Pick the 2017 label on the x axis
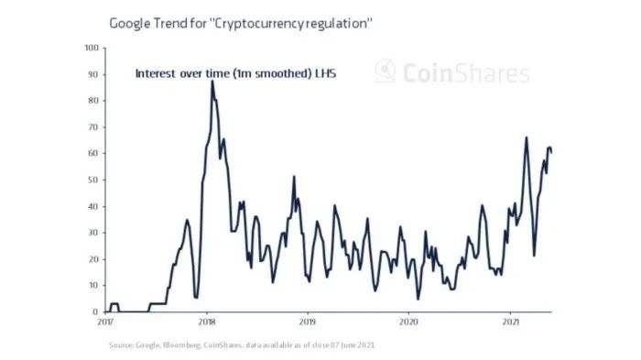pyautogui.click(x=105, y=322)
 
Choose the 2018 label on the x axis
pyautogui.click(x=207, y=322)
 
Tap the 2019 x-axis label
pyautogui.click(x=308, y=322)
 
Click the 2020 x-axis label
pyautogui.click(x=409, y=322)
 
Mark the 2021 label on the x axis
pyautogui.click(x=510, y=322)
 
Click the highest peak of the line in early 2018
pyautogui.click(x=212, y=81)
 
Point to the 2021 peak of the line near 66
pyautogui.click(x=526, y=137)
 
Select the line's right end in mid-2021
pyautogui.click(x=551, y=152)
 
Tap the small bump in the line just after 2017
pyautogui.click(x=114, y=303)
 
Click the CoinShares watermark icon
pyautogui.click(x=386, y=71)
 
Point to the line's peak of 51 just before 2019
pyautogui.click(x=294, y=177)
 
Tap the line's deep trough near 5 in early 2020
pyautogui.click(x=418, y=299)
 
